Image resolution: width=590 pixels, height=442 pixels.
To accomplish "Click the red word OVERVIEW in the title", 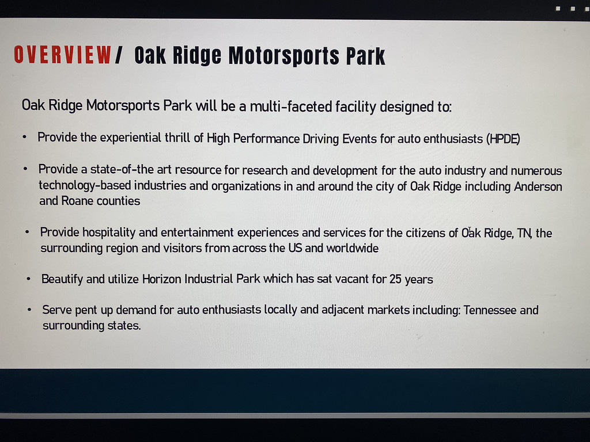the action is (x=62, y=55).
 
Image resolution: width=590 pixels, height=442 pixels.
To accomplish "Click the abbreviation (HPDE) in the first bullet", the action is (x=503, y=139).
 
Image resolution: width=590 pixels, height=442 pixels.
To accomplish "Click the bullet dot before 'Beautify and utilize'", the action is (x=29, y=279).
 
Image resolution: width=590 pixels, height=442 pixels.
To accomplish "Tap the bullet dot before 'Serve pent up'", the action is (x=29, y=310).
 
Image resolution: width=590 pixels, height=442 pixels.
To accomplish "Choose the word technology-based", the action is (x=85, y=186).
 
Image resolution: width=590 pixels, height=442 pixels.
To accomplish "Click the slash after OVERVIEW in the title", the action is (x=119, y=55).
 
